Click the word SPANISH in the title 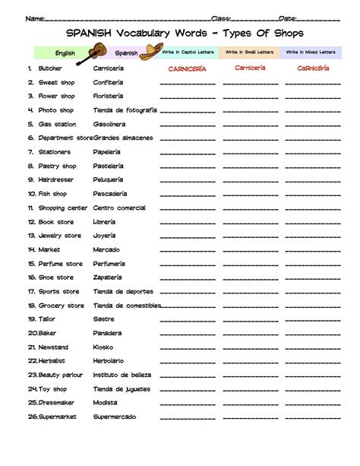[89, 33]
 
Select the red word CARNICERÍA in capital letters [188, 68]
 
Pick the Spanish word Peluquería [108, 179]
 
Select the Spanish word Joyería [105, 236]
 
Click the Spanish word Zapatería [108, 277]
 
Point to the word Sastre [103, 319]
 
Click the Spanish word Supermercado [115, 417]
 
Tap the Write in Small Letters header [248, 52]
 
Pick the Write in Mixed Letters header [310, 52]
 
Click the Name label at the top [33, 18]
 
